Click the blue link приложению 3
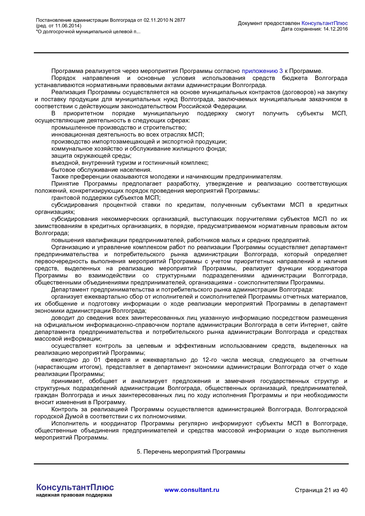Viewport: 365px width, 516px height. (x=262, y=71)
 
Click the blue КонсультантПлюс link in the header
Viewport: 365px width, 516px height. (x=324, y=23)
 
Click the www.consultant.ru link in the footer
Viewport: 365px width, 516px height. (x=192, y=490)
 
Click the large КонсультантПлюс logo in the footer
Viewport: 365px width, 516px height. (x=75, y=487)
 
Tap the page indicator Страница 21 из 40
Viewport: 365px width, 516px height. (x=321, y=490)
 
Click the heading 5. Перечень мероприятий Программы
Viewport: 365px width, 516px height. (x=191, y=452)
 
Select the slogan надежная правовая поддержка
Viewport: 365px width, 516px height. (x=74, y=495)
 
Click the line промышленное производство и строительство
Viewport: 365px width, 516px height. (x=119, y=127)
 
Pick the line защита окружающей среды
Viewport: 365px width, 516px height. (x=91, y=156)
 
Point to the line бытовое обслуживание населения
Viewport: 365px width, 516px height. (x=101, y=170)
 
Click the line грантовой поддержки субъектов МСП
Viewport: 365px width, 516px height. (x=106, y=198)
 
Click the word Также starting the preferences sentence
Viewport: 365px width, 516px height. (x=60, y=177)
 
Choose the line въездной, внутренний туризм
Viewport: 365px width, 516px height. (x=130, y=163)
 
